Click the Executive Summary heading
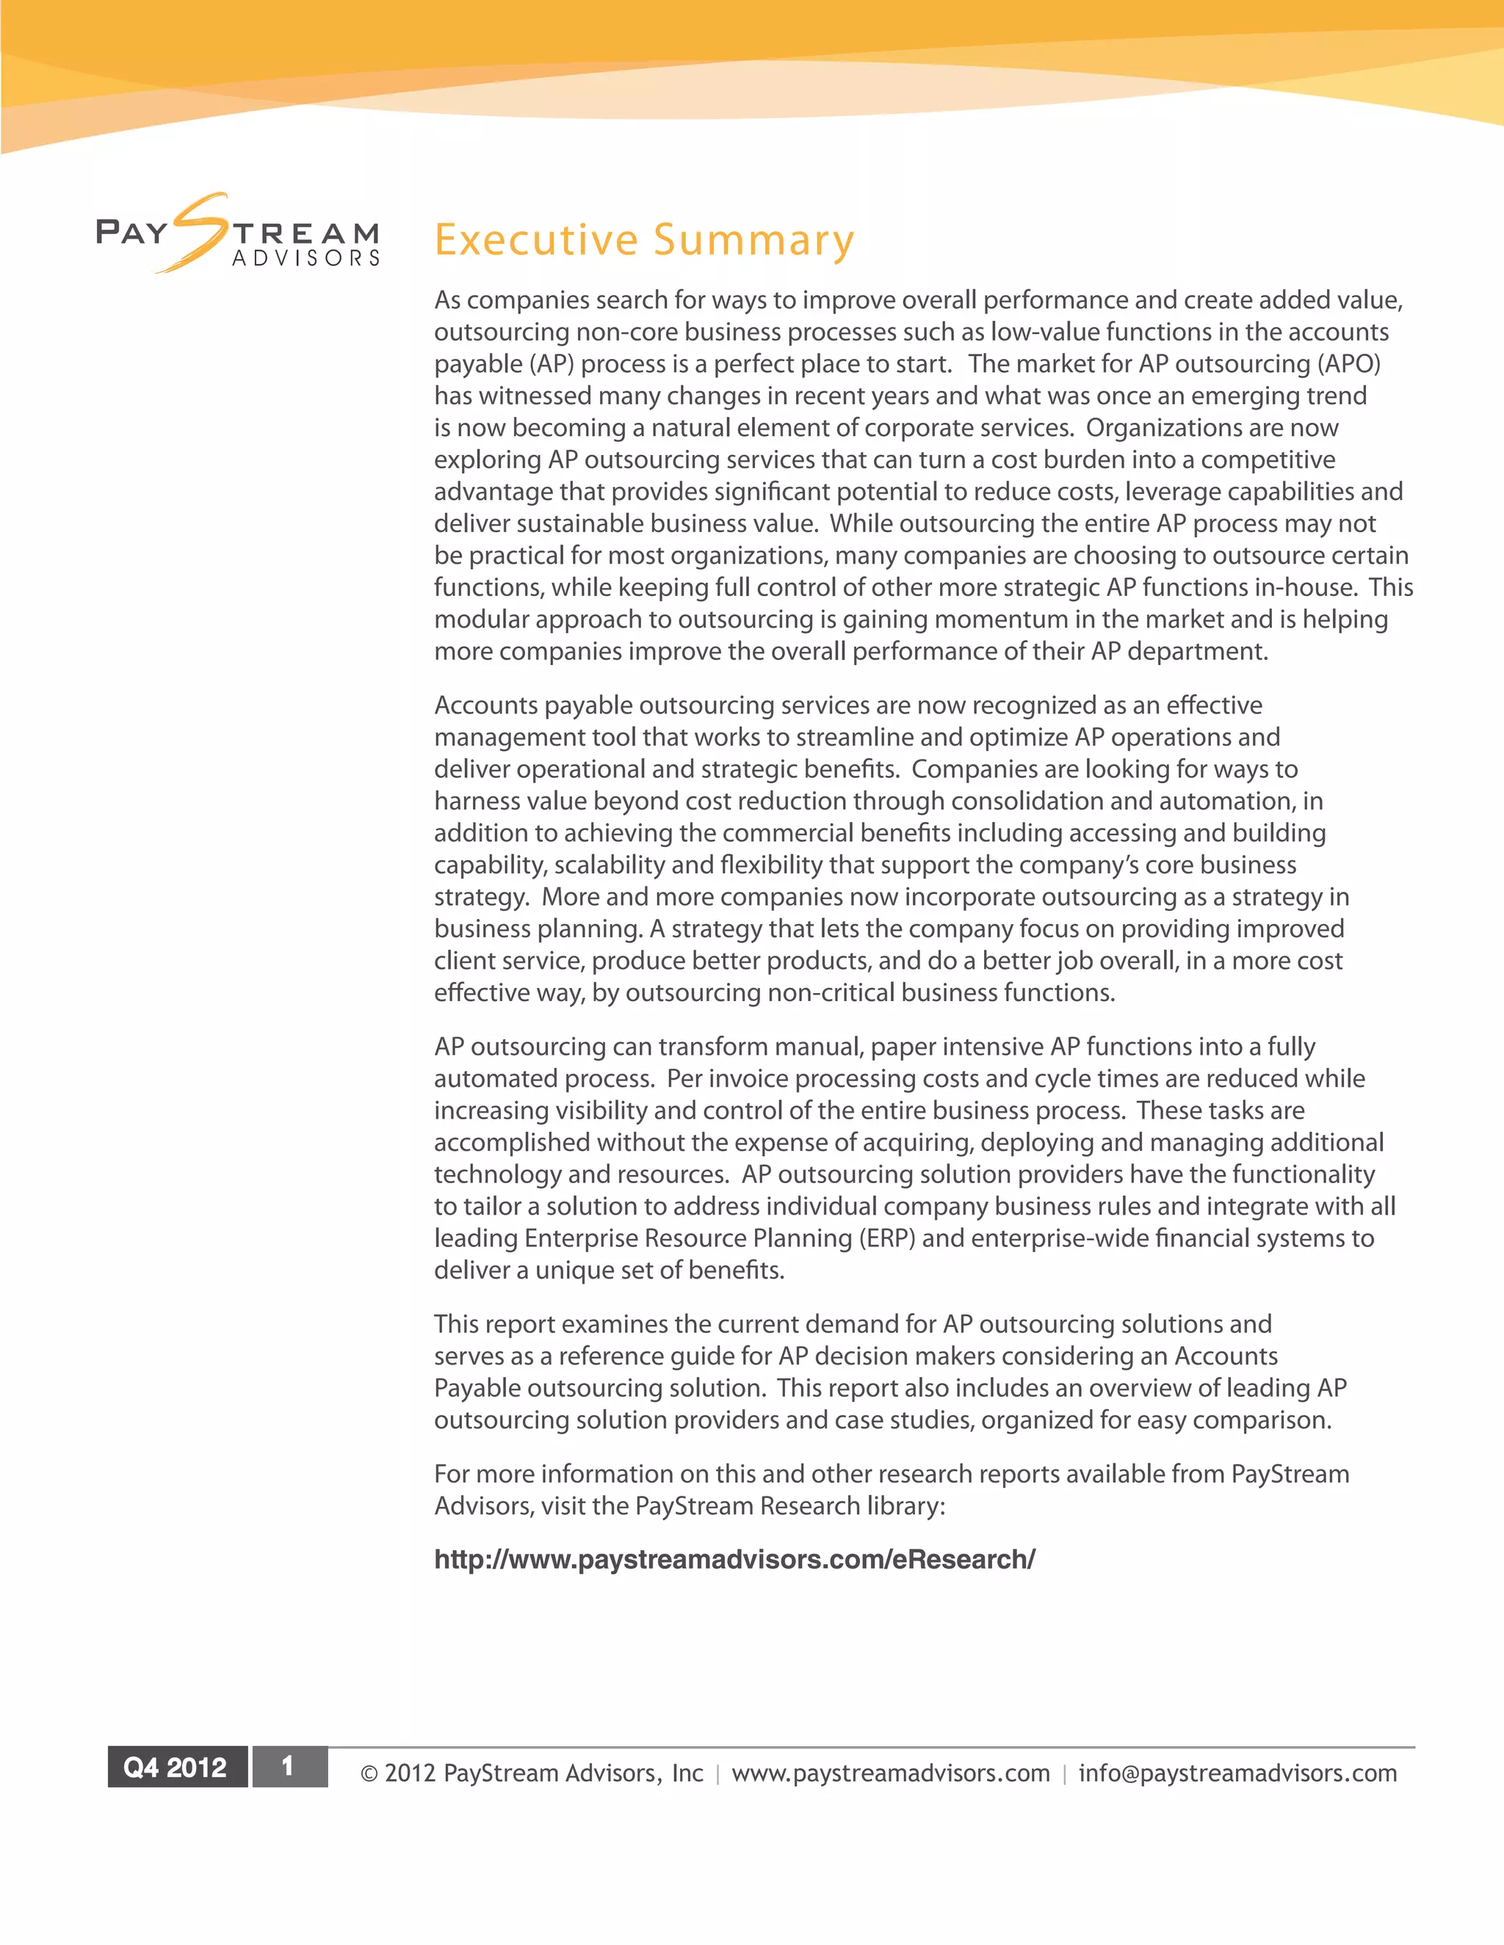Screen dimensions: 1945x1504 pos(643,241)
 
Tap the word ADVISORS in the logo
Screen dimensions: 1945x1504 pos(305,258)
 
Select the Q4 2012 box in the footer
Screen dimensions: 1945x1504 pos(176,1767)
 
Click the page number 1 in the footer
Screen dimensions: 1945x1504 pos(288,1766)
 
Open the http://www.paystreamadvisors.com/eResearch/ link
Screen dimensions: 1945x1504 pos(734,1560)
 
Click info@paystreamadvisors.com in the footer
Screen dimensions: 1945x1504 pos(1237,1773)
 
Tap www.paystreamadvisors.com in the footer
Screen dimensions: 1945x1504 pos(890,1773)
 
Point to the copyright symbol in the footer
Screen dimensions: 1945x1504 pos(369,1774)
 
